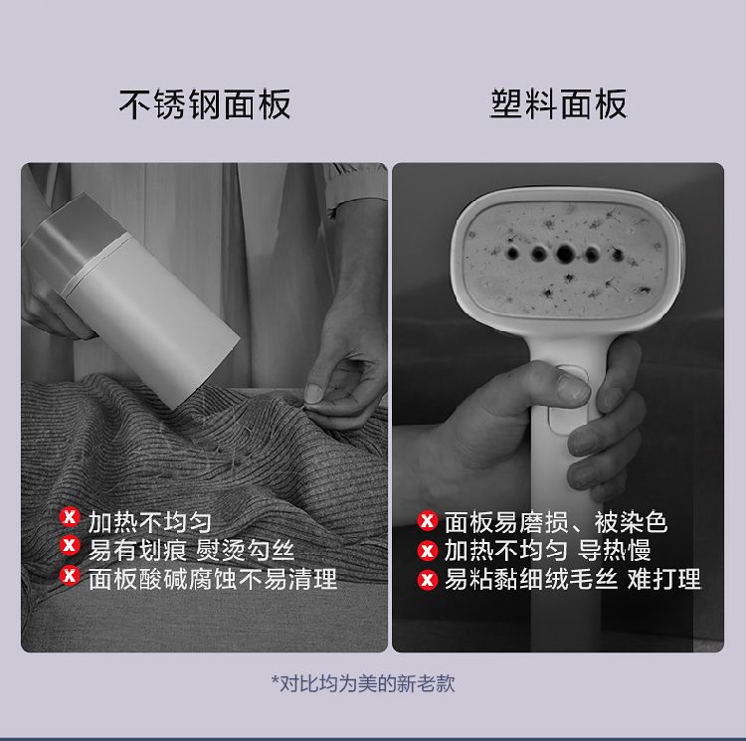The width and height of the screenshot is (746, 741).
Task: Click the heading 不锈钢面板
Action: (205, 104)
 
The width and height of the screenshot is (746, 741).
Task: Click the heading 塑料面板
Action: (559, 104)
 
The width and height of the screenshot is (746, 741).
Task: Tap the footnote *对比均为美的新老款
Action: (363, 683)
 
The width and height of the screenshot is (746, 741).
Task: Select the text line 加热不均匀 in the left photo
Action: (150, 522)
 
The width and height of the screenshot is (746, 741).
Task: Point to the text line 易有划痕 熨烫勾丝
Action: (191, 550)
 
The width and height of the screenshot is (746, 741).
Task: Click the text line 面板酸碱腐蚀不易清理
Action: (213, 578)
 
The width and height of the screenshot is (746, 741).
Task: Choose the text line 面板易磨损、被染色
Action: (556, 522)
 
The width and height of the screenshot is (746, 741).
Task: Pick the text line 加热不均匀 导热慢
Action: (547, 550)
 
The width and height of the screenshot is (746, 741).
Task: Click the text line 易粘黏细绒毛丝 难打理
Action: (573, 579)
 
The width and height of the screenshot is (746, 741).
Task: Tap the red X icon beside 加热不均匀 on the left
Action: (70, 517)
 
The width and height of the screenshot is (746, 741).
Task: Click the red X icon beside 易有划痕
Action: (70, 545)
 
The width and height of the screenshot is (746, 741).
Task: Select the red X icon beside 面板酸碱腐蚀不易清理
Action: (70, 576)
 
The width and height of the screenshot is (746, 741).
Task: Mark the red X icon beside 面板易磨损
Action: (428, 520)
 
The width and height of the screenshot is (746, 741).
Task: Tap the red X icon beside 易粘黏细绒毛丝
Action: (428, 580)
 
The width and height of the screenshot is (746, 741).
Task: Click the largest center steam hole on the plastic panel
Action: (565, 255)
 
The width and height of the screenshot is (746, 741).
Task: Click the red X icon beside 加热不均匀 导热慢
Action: (428, 550)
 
